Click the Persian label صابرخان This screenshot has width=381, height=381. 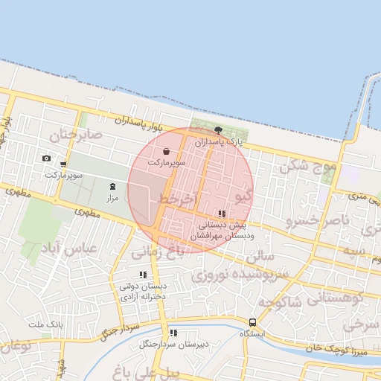tap(75, 135)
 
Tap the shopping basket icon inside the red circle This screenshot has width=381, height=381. tap(176, 150)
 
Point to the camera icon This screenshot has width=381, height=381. tap(46, 158)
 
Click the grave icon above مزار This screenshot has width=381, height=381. tap(112, 186)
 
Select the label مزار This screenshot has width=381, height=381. tap(112, 198)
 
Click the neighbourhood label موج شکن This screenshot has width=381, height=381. tap(308, 167)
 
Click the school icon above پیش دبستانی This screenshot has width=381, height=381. tap(222, 214)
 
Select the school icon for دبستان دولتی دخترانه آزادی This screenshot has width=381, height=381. tap(143, 275)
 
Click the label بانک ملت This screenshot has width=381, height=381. tap(46, 325)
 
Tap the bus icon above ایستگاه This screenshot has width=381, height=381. tap(253, 323)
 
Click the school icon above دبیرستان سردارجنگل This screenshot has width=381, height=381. tap(173, 333)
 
